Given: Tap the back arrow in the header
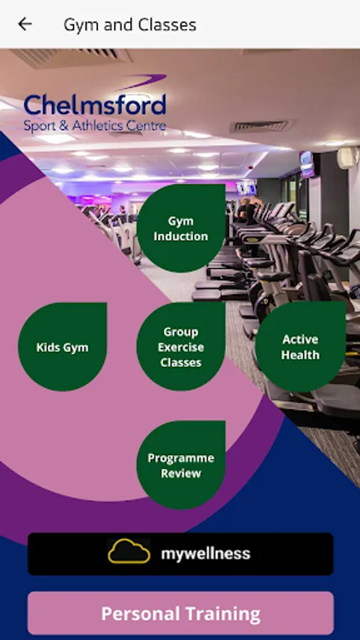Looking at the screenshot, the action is [24, 24].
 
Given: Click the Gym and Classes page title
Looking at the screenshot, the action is [129, 25].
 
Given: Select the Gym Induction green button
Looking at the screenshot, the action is [181, 228].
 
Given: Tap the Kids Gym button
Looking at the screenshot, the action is [63, 347].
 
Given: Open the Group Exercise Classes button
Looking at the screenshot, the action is [181, 346].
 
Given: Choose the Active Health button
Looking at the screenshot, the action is [300, 346].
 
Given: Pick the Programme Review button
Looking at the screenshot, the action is [181, 465].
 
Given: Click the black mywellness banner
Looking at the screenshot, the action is [181, 554].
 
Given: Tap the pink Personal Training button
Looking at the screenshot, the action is [181, 613].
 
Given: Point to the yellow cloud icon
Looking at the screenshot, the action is [129, 551].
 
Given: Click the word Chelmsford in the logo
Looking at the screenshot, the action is [95, 105].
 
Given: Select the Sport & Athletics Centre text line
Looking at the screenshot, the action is [95, 126].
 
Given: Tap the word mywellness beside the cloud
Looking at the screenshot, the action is [206, 554].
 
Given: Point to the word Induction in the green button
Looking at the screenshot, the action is [181, 236].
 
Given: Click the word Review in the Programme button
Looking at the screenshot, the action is [181, 473].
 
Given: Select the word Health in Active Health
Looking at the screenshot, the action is [300, 355].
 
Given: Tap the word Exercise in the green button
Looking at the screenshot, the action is [181, 347].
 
